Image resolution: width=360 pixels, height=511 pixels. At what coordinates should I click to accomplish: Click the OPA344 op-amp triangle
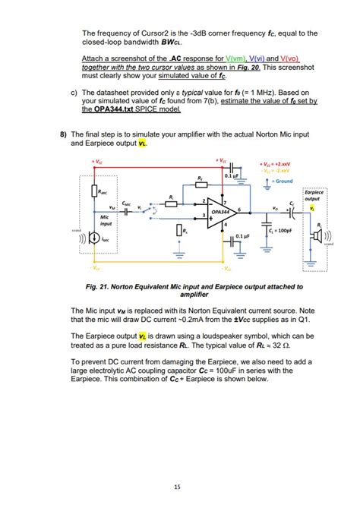pyautogui.click(x=221, y=212)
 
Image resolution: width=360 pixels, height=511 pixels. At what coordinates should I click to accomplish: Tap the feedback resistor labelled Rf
pyautogui.click(x=201, y=185)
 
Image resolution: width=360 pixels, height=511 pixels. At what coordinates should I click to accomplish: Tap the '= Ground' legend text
pyautogui.click(x=283, y=181)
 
